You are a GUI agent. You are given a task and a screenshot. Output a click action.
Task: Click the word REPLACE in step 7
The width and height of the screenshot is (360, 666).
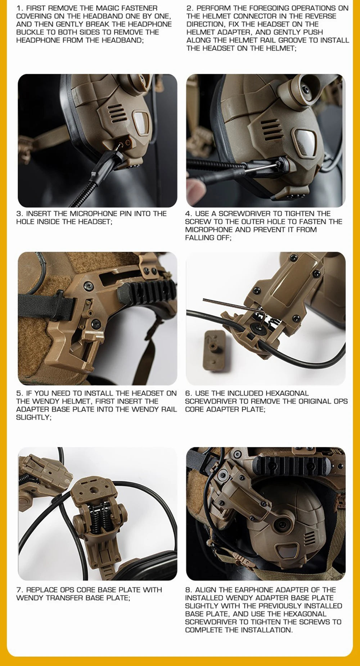coord(42,590)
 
